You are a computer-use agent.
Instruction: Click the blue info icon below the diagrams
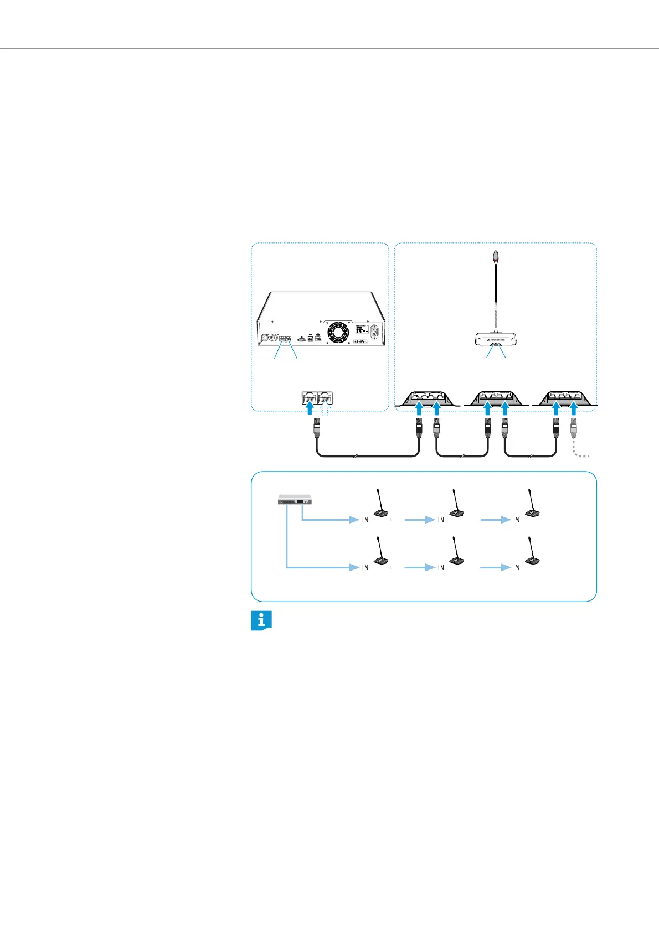(x=261, y=621)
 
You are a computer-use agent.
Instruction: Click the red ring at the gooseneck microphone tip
(x=496, y=258)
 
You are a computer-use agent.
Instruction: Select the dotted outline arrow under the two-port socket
(x=326, y=410)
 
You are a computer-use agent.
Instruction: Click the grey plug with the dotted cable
(x=574, y=429)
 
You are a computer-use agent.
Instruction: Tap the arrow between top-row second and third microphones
(x=495, y=520)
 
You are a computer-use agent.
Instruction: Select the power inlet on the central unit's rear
(x=376, y=333)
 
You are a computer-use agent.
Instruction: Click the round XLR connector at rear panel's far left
(x=265, y=336)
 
